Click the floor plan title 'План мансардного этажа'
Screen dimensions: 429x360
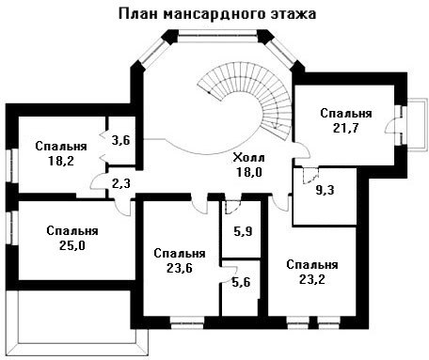pos(217,14)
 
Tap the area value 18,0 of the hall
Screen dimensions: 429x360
pos(249,172)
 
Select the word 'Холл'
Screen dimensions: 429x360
pos(249,158)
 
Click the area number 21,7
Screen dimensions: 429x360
pos(346,128)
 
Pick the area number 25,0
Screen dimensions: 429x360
pos(72,245)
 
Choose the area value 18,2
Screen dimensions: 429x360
pos(61,161)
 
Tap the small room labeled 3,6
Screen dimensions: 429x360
pos(121,140)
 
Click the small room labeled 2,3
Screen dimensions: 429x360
pos(121,183)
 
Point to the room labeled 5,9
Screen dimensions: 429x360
pos(243,231)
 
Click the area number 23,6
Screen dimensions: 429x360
pos(180,268)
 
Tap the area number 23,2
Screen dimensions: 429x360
pos(312,279)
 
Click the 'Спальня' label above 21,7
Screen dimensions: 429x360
pos(346,113)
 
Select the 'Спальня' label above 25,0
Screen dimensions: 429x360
pos(72,231)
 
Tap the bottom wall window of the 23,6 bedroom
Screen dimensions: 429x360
pos(187,322)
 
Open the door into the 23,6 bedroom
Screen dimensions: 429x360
pos(199,205)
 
